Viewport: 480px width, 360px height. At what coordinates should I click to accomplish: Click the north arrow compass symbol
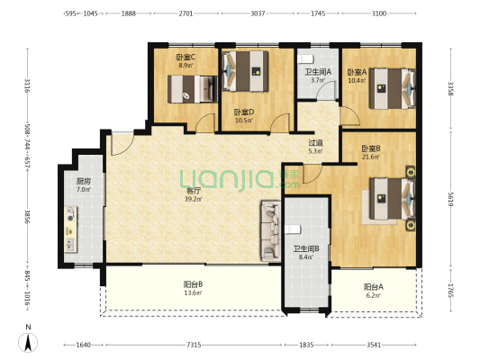[28, 342]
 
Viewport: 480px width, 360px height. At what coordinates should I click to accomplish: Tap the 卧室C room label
[186, 57]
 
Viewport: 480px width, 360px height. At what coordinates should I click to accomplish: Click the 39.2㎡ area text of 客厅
[194, 199]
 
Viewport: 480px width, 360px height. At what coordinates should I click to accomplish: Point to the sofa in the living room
[270, 231]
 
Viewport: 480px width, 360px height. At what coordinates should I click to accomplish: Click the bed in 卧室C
[192, 89]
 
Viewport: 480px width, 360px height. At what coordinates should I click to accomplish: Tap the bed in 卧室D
[246, 71]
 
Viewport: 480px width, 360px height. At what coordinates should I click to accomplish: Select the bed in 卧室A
[393, 88]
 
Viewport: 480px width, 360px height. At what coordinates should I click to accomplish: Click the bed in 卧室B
[393, 199]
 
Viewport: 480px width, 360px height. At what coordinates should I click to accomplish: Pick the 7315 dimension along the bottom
[194, 345]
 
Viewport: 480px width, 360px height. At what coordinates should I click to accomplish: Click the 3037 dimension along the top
[258, 13]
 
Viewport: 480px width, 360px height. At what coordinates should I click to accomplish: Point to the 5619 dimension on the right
[450, 199]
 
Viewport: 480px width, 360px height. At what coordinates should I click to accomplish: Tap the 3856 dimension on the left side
[28, 217]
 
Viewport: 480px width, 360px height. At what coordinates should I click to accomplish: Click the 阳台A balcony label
[374, 287]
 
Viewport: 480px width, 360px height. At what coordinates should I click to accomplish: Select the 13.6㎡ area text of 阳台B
[193, 292]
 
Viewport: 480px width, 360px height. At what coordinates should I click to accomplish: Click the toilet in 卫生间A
[305, 58]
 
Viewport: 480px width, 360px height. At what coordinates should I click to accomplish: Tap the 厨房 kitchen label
[84, 181]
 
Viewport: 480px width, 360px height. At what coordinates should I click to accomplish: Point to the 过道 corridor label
[315, 143]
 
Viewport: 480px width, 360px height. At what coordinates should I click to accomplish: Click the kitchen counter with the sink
[71, 229]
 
